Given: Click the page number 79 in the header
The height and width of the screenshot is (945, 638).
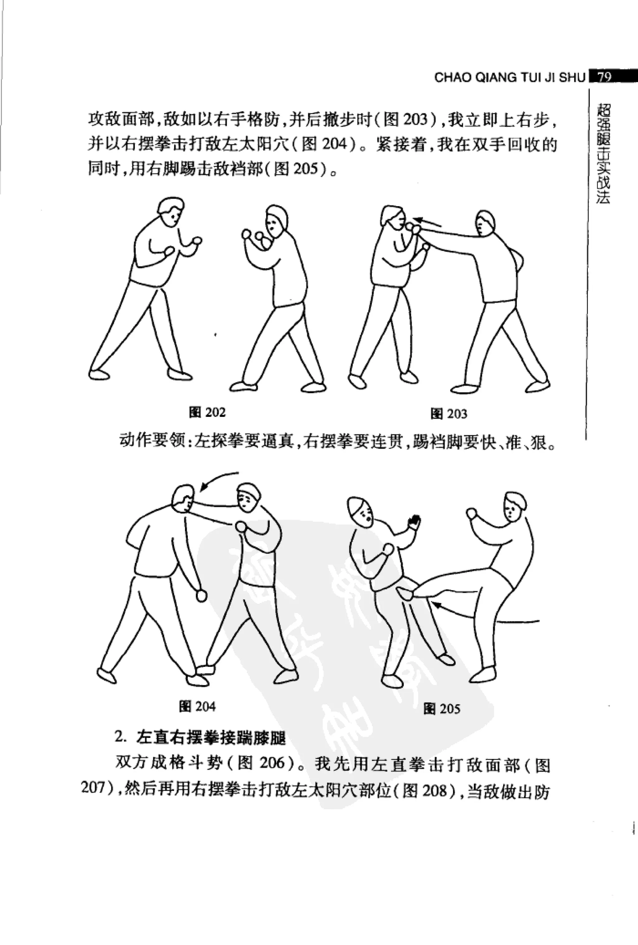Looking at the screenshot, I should (x=605, y=77).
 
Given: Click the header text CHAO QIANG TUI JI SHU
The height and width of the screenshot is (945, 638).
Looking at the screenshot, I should (x=510, y=77).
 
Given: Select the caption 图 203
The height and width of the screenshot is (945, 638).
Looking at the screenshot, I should (x=449, y=414).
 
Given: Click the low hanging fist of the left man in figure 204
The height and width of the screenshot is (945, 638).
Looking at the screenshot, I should (x=201, y=596).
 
